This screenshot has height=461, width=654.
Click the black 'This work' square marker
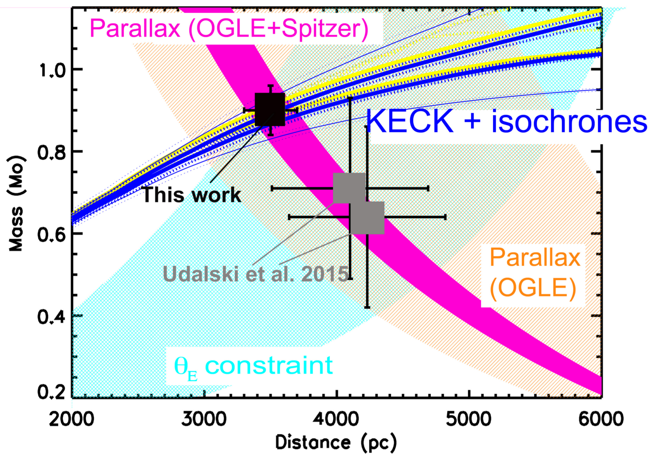pos(270,109)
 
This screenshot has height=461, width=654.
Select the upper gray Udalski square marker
pos(349,188)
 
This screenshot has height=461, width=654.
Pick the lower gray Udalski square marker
pos(368,218)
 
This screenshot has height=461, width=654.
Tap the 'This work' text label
pos(192,195)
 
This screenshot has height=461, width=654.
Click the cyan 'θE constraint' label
pos(253,366)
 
